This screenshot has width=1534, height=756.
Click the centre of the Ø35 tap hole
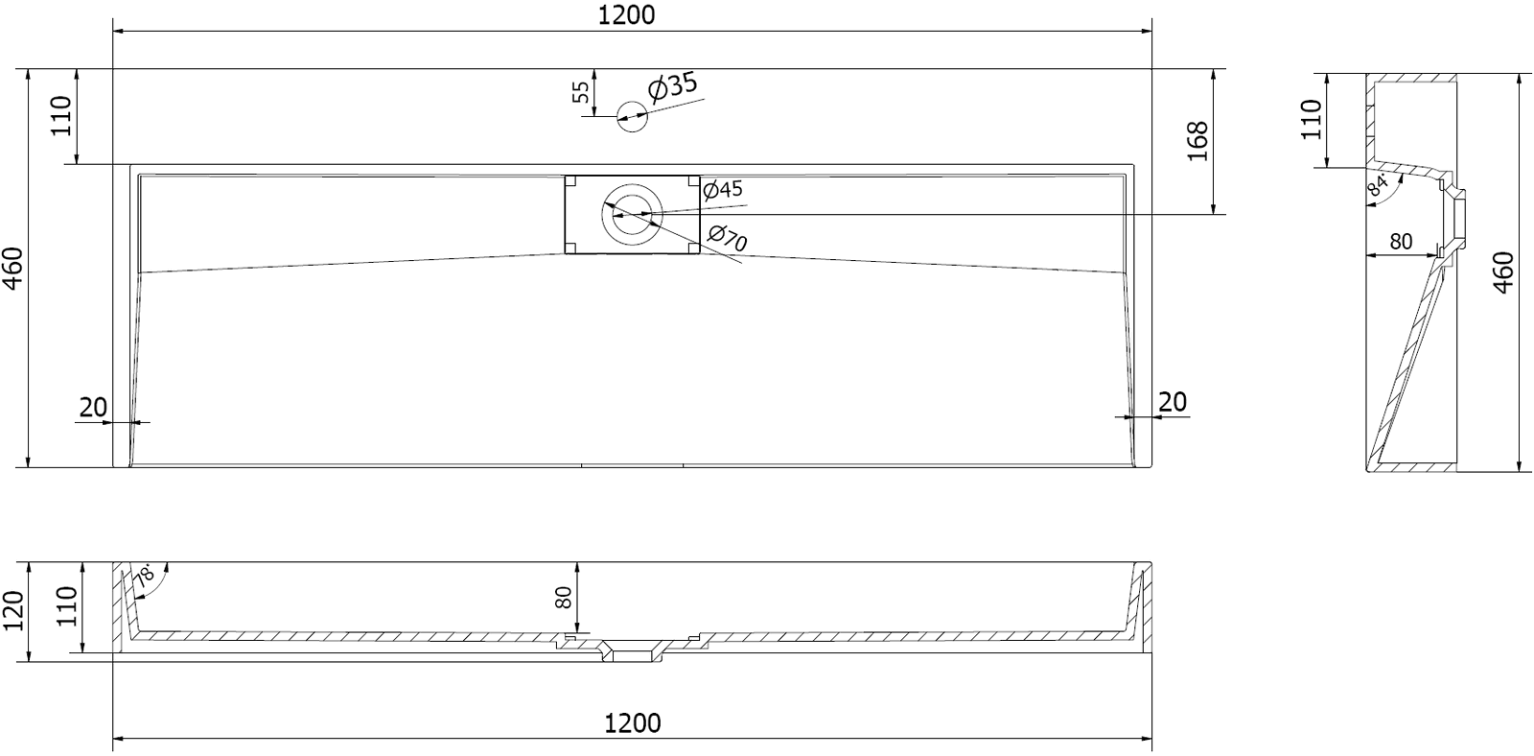632,116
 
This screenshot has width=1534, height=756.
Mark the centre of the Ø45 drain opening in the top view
632,215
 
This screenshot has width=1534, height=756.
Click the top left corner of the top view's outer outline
113,68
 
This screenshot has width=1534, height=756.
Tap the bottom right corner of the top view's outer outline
1151,467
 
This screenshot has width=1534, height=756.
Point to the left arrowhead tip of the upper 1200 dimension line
114,31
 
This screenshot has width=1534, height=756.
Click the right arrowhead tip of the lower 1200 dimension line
1151,740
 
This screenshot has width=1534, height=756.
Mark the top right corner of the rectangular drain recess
700,177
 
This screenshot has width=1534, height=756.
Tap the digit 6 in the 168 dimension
1197,141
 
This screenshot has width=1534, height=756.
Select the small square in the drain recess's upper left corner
570,181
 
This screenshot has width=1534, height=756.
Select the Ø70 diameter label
728,237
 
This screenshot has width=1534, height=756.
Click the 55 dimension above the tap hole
581,92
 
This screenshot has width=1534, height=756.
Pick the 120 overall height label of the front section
13,610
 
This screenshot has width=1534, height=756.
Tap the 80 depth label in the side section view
1401,241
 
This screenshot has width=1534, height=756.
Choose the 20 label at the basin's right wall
1173,402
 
